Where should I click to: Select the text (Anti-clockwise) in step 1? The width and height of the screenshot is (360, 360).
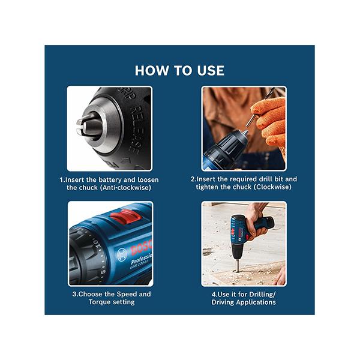(125, 188)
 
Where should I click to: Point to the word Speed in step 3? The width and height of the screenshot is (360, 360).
(127, 295)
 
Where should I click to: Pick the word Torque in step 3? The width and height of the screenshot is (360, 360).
(100, 302)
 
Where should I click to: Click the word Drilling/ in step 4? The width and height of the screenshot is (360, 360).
(262, 295)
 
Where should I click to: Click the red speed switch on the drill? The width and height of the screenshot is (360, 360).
(125, 217)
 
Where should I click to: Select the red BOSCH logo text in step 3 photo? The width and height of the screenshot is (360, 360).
(142, 247)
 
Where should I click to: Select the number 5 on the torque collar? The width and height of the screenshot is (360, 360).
(103, 272)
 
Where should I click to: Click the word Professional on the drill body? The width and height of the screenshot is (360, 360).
(141, 259)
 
